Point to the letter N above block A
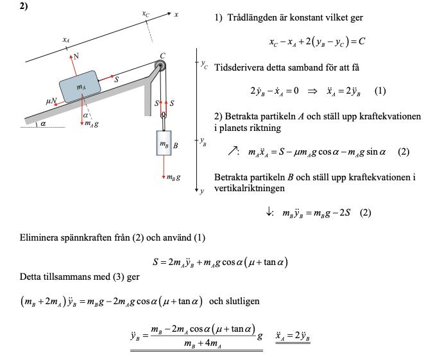coord(76,56)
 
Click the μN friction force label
coord(51,101)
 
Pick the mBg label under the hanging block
coord(173,177)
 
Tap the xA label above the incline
coord(65,40)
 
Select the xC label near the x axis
coord(146,13)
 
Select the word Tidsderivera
coord(239,67)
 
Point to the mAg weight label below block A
coord(92,123)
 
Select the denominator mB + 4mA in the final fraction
coord(203,344)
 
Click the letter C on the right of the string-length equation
coord(362,42)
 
